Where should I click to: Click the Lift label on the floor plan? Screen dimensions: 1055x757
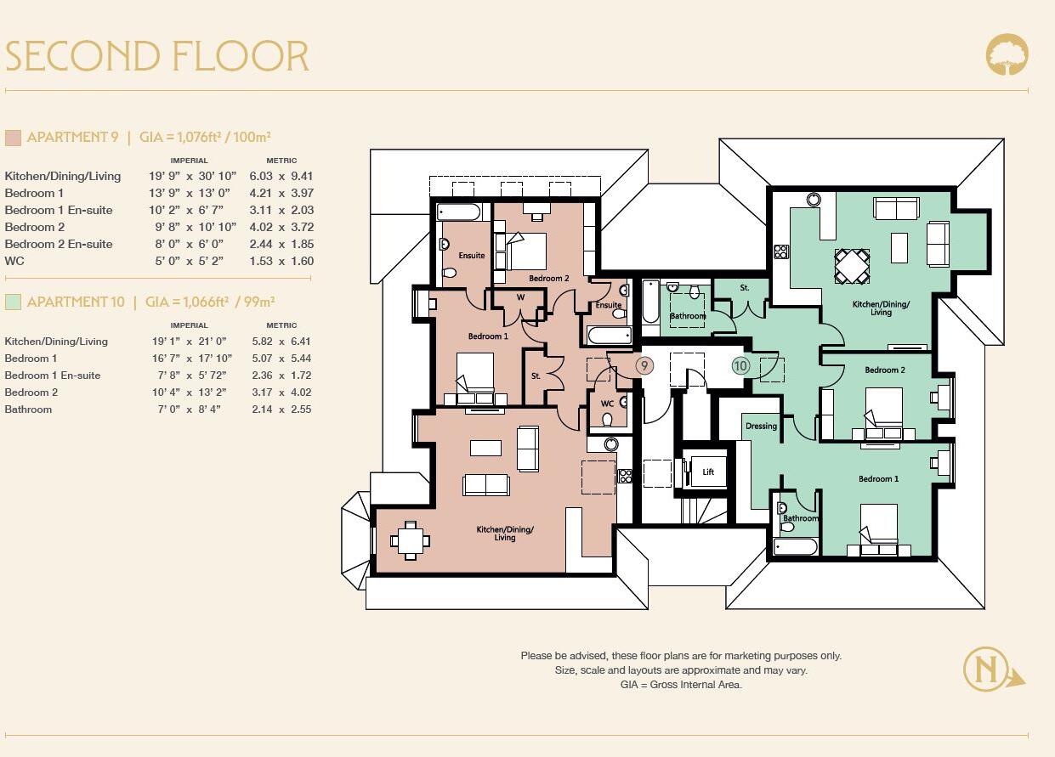(x=708, y=472)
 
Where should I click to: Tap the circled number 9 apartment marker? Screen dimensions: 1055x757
(x=644, y=365)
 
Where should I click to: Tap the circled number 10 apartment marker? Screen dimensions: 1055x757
(x=740, y=366)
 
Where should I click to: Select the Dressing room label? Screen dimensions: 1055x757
(x=761, y=426)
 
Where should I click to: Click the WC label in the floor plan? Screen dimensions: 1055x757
(x=607, y=404)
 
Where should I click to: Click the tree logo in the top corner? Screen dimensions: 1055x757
(x=1007, y=54)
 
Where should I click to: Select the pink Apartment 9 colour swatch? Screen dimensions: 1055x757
(x=13, y=138)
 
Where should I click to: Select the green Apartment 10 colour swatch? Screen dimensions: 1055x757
(x=13, y=302)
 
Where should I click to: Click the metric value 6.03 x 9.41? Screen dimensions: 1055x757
(x=281, y=176)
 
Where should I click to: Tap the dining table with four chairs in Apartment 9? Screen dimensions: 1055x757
(x=411, y=540)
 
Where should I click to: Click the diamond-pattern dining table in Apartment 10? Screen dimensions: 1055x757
(x=852, y=267)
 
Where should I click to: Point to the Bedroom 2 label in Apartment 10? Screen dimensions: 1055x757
(x=885, y=370)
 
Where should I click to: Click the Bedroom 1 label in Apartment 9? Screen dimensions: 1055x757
(x=488, y=336)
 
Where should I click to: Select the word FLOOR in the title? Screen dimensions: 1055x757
(x=241, y=56)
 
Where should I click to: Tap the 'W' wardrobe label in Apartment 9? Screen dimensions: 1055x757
(x=520, y=297)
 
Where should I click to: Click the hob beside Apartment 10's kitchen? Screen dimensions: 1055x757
(x=780, y=251)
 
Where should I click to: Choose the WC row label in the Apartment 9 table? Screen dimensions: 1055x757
(x=14, y=262)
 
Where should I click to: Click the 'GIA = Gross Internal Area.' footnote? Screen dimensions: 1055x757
(x=681, y=685)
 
